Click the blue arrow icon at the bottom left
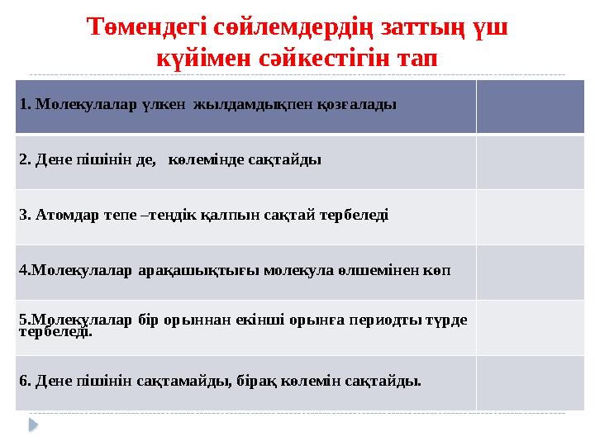point(33,425)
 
